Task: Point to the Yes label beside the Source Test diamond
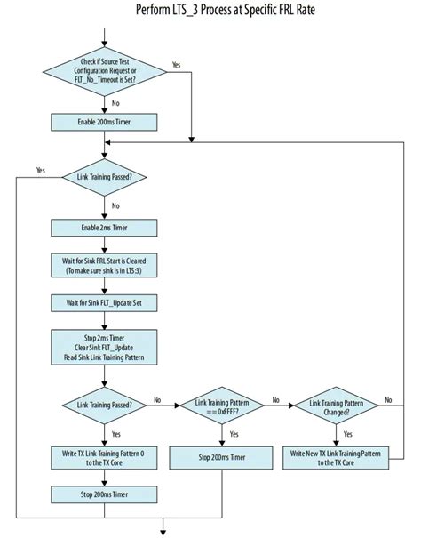[x=176, y=64]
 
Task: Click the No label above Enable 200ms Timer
[x=116, y=103]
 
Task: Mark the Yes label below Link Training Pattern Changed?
[x=347, y=435]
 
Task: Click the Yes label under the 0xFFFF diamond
[x=234, y=435]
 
